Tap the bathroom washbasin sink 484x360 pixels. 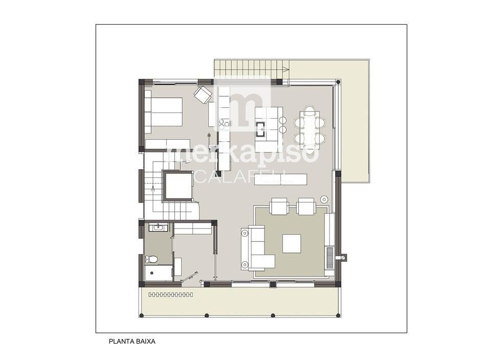click(159, 228)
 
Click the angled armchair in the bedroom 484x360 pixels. click(203, 95)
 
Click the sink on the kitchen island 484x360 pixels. click(260, 129)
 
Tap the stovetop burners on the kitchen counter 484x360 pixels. click(224, 124)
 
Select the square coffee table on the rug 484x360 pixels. click(292, 243)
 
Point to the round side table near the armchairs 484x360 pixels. click(324, 199)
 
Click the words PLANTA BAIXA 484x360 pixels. click(132, 342)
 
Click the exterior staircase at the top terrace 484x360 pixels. click(252, 69)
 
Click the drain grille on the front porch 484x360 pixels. click(171, 295)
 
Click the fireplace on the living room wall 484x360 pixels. click(330, 258)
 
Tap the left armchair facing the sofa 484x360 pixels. click(279, 206)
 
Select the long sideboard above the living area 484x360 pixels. click(280, 179)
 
